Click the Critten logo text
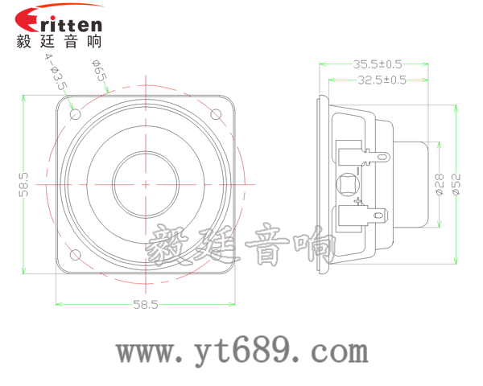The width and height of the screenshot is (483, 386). click(x=60, y=21)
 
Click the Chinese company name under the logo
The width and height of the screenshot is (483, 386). click(x=60, y=42)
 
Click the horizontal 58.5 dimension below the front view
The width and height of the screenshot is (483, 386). click(x=146, y=305)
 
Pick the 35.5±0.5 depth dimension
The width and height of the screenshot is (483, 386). click(x=377, y=64)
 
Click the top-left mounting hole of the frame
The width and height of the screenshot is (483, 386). click(x=76, y=114)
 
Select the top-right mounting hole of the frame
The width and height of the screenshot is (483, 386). click(x=216, y=114)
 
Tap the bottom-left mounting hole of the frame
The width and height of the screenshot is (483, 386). click(x=76, y=255)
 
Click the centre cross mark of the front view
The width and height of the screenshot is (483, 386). click(x=146, y=184)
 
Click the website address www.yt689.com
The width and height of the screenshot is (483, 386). click(x=242, y=351)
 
